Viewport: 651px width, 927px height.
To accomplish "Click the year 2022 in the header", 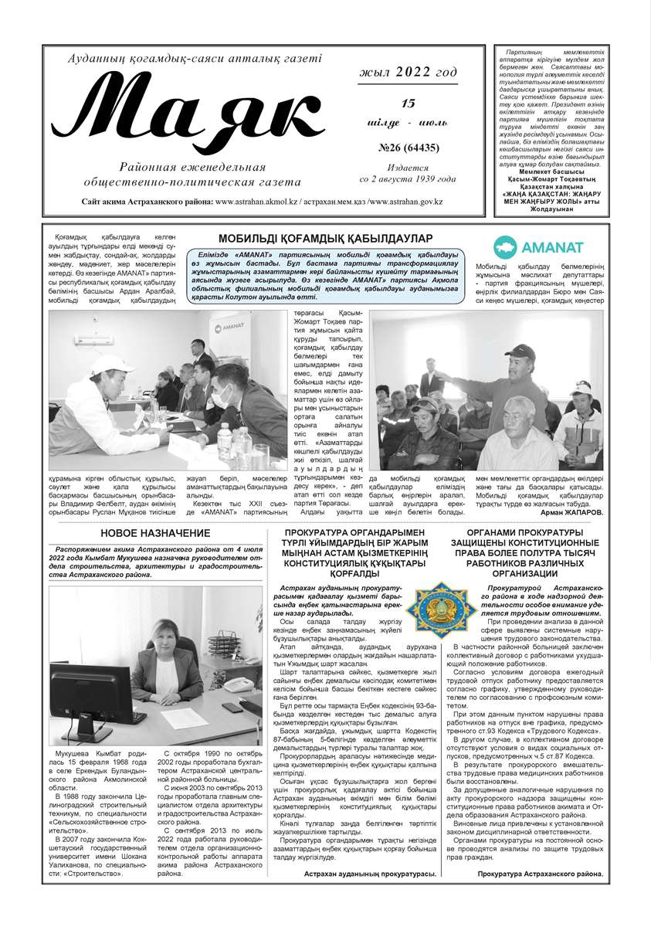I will tap(415, 73).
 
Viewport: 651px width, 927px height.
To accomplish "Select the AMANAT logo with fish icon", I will tap(531, 246).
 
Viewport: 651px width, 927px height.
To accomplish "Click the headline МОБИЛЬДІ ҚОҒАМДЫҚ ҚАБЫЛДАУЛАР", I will tap(325, 238).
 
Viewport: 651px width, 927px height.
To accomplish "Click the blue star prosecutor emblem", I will tap(442, 608).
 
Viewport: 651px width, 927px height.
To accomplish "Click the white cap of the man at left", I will tap(112, 364).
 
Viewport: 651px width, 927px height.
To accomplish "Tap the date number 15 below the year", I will tap(408, 103).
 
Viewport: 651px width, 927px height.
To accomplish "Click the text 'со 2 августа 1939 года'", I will tap(408, 178).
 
